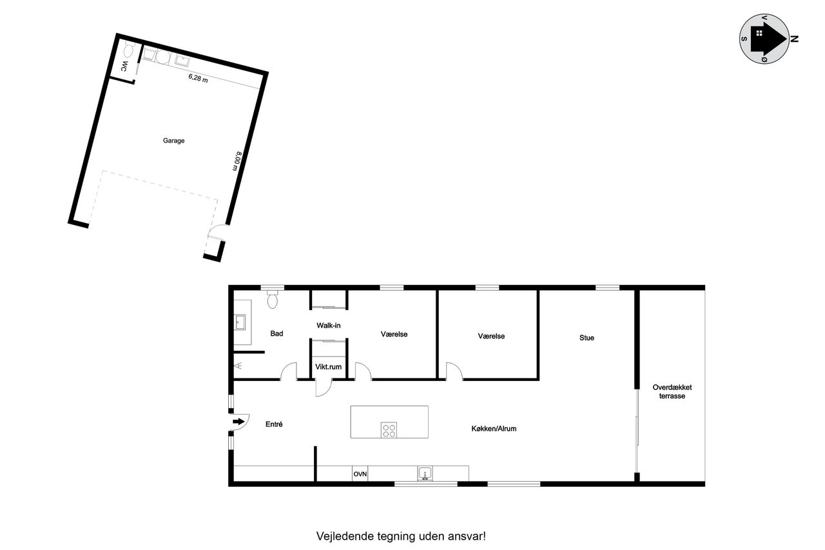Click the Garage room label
(x=173, y=141)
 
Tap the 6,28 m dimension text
(x=198, y=78)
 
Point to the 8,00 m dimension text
(x=237, y=161)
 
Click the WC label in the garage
(x=124, y=66)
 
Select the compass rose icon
(x=764, y=39)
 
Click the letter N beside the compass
(x=795, y=39)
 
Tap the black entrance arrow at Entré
(x=238, y=422)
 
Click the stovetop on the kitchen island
(x=389, y=430)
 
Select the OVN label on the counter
(x=360, y=474)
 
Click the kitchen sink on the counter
(x=425, y=473)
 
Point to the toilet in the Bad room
(x=272, y=299)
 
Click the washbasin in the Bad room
(x=240, y=322)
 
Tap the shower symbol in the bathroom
(x=238, y=366)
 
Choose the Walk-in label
(x=329, y=325)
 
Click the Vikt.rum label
(x=328, y=367)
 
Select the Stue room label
(x=587, y=338)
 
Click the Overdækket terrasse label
(x=672, y=391)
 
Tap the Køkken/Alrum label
(x=494, y=428)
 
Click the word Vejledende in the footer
(x=345, y=536)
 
